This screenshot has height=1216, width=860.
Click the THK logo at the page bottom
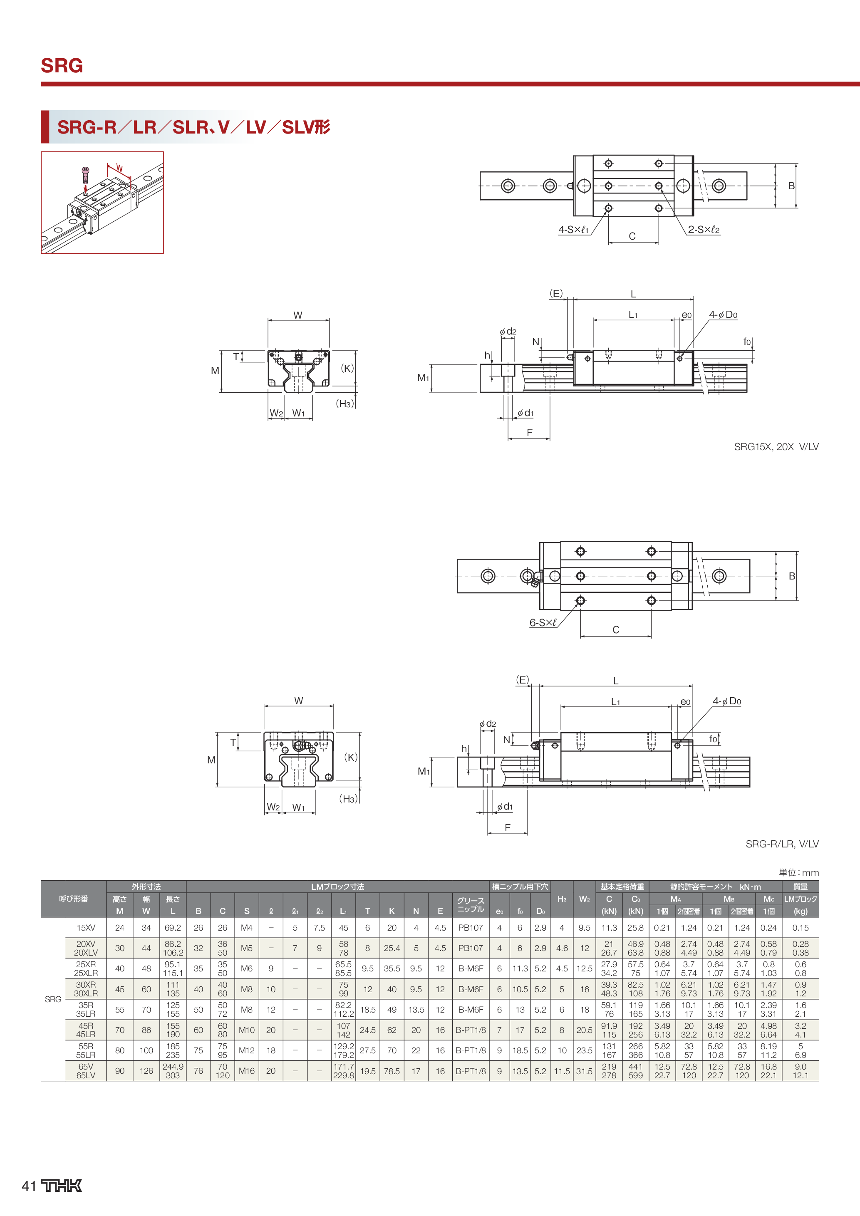pos(62,1186)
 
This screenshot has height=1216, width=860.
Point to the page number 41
pos(29,1186)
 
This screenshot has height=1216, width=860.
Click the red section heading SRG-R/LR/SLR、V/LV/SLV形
pos(193,127)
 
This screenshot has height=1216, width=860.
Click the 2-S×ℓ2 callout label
pos(704,230)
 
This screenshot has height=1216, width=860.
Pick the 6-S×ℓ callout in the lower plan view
pos(543,623)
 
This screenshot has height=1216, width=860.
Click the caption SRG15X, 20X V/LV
pos(776,446)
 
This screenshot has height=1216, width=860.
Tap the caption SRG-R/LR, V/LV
pos(782,844)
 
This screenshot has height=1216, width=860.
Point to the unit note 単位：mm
pos(798,872)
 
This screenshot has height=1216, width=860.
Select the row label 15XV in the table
pos(86,928)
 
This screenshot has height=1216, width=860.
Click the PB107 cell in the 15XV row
pos(470,928)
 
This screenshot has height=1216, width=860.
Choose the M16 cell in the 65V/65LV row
pos(247,1071)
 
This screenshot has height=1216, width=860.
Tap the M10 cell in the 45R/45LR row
pos(247,1030)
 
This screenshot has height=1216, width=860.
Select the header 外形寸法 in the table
pos(146,887)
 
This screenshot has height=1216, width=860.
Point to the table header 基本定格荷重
pos(622,887)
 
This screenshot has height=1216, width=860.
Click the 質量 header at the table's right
pos(800,887)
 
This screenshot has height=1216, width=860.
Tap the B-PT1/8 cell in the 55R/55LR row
pos(470,1050)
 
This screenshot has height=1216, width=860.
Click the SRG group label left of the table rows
pos(53,999)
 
